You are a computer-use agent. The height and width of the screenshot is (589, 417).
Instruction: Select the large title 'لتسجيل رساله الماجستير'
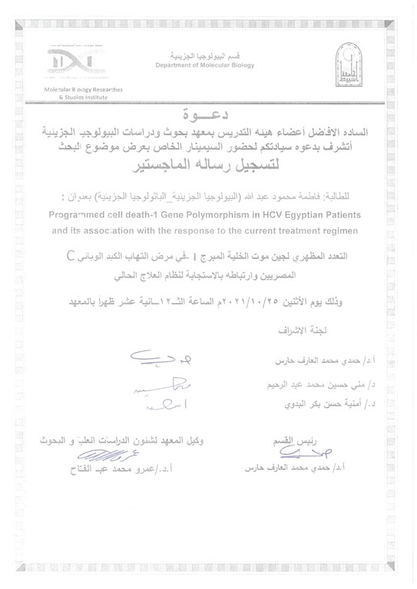tap(208, 163)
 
